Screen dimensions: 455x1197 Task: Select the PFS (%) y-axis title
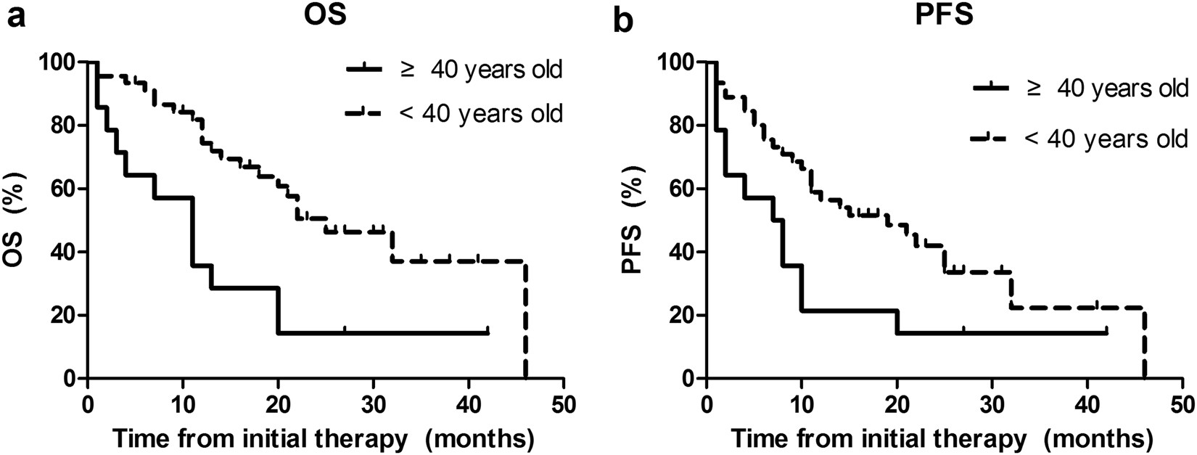pos(633,221)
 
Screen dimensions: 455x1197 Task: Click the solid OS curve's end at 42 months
pos(488,332)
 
